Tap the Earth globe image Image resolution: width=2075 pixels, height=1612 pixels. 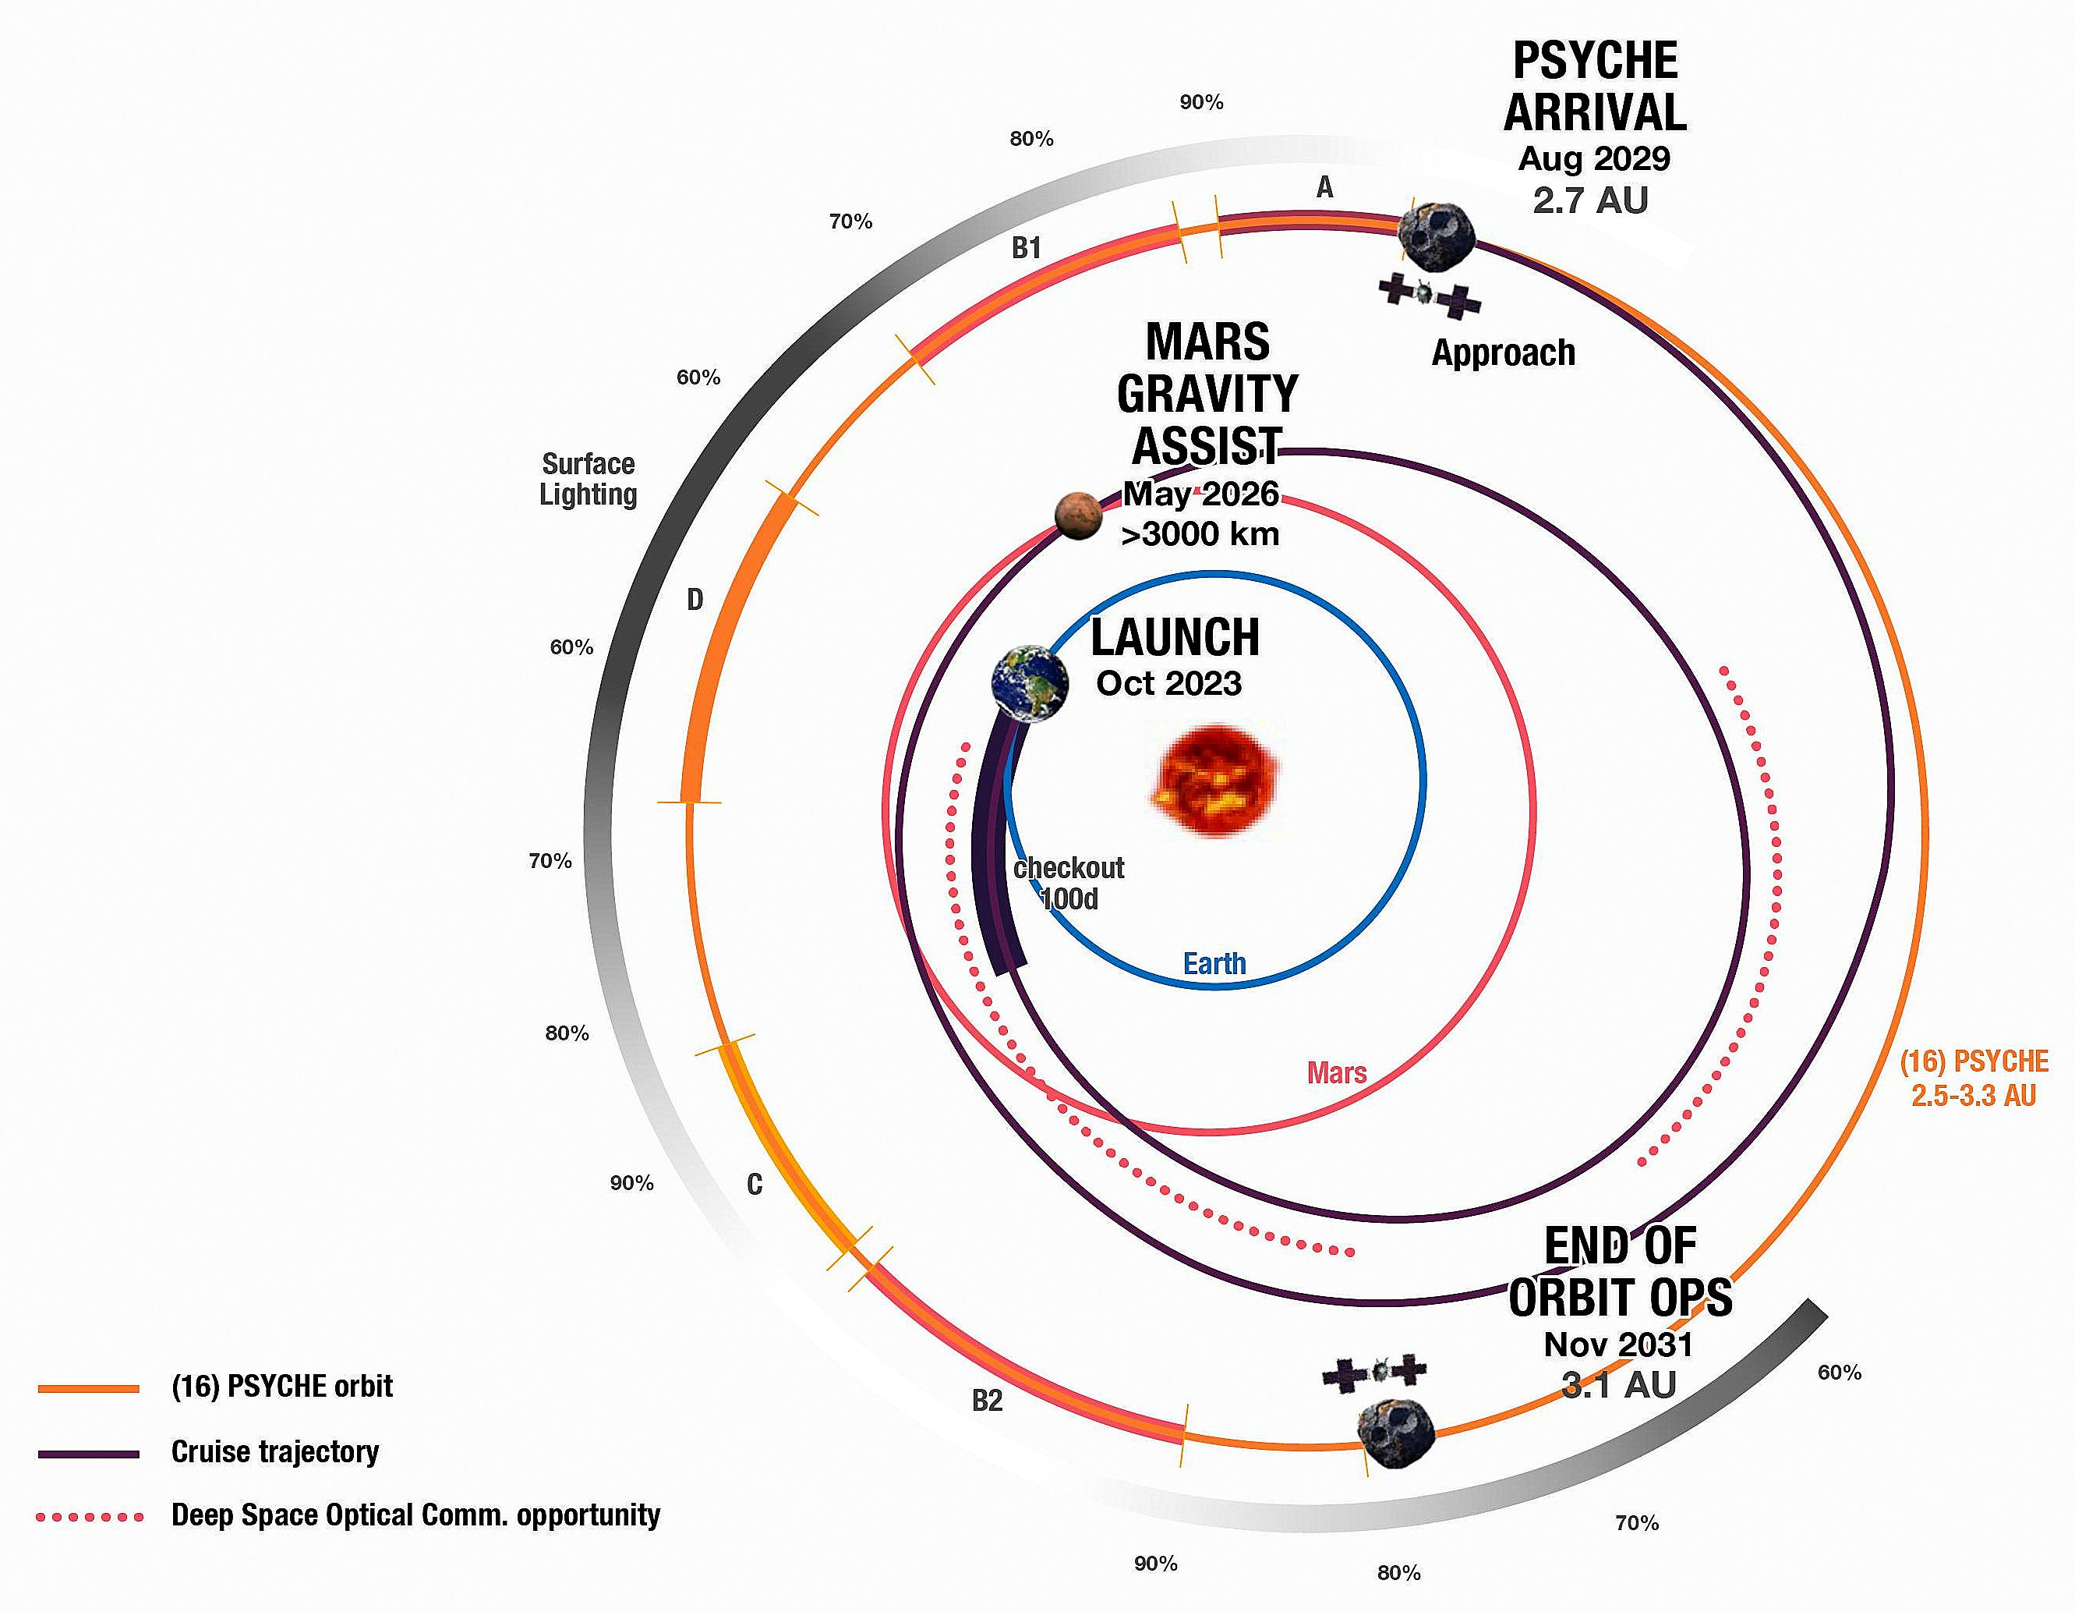tap(1029, 683)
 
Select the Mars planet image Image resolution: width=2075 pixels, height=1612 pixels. tap(1078, 516)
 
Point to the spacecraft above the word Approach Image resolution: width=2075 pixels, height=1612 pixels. tap(1430, 295)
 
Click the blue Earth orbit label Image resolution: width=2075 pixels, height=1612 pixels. tap(1214, 964)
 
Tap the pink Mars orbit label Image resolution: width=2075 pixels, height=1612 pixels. tap(1337, 1073)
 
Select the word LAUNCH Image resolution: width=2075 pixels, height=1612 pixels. tap(1175, 638)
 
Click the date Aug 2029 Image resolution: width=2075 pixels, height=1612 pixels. tap(1594, 159)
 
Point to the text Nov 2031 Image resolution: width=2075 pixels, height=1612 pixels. tap(1619, 1345)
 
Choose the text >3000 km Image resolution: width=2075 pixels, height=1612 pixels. tap(1200, 534)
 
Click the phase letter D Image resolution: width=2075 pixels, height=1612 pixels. tap(695, 600)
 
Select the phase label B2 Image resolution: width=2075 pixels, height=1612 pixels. tap(987, 1400)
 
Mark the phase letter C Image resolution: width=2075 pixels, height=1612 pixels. tap(755, 1185)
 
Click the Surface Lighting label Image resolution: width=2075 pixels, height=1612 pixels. tap(588, 479)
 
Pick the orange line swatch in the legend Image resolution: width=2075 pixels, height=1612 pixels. tap(88, 1389)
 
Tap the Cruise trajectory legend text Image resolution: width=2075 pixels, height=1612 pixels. tap(275, 1451)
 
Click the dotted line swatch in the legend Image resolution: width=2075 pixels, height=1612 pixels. tap(90, 1517)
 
